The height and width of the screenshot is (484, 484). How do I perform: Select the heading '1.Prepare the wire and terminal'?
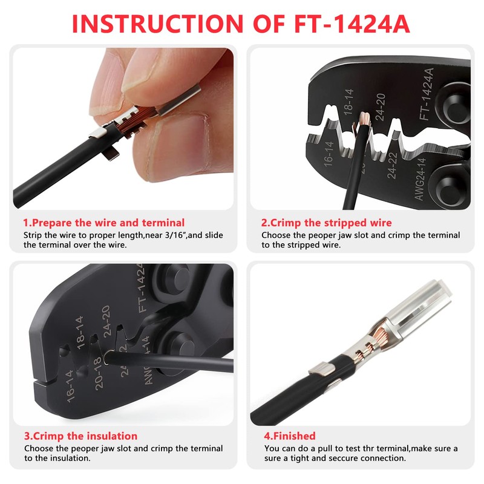coord(104,223)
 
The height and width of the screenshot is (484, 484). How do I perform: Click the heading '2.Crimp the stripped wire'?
coord(326,223)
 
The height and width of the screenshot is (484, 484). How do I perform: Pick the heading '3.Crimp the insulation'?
coord(80,436)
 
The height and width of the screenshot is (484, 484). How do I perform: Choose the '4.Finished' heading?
coord(290,436)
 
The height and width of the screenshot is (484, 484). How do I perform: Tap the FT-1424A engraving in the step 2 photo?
coord(428,93)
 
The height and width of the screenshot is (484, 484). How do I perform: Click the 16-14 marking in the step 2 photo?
coord(329,154)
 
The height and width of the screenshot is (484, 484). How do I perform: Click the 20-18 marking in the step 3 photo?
coord(98,373)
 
